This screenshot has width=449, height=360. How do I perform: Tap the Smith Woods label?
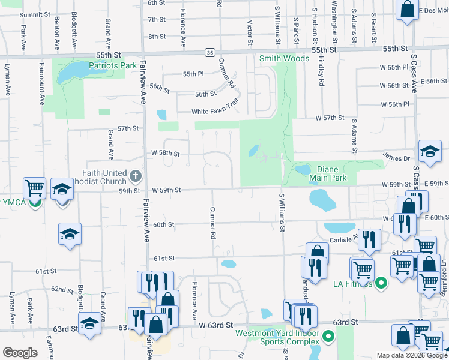(x=284, y=58)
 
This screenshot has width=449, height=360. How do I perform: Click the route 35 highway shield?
(x=209, y=52)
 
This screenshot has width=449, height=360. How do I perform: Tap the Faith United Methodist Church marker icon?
(x=136, y=176)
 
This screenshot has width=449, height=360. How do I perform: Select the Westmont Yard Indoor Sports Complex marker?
(x=328, y=336)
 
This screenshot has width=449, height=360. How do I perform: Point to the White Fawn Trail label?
(x=215, y=112)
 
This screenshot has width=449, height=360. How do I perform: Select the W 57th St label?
(x=330, y=118)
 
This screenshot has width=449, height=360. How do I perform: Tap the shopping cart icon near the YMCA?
(x=35, y=187)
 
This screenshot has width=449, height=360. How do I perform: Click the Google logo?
(x=20, y=352)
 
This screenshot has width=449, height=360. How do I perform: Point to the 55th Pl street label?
(x=193, y=74)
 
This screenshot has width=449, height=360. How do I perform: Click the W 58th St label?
(x=165, y=154)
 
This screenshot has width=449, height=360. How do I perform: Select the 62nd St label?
(x=62, y=289)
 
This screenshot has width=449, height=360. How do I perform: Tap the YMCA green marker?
(x=35, y=202)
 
